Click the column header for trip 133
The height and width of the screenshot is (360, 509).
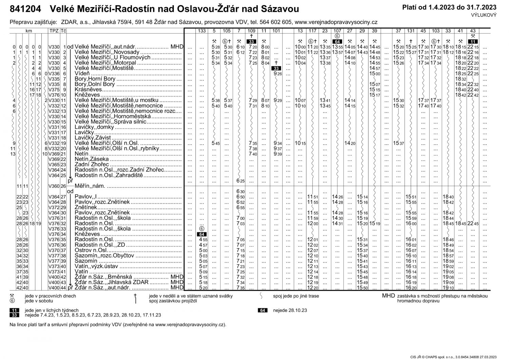click(x=202, y=31)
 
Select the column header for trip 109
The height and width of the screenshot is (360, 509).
click(x=251, y=31)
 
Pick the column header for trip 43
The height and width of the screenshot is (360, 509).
click(x=473, y=31)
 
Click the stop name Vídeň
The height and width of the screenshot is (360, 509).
click(x=82, y=74)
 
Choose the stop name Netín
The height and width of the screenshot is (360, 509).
click(x=81, y=154)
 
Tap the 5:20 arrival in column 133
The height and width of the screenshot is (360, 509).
click(x=203, y=288)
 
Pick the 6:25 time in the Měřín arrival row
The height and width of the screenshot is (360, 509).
click(x=240, y=181)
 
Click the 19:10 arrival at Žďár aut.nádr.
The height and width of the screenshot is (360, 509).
click(x=448, y=288)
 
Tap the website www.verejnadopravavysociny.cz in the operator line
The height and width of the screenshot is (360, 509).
click(x=336, y=22)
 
